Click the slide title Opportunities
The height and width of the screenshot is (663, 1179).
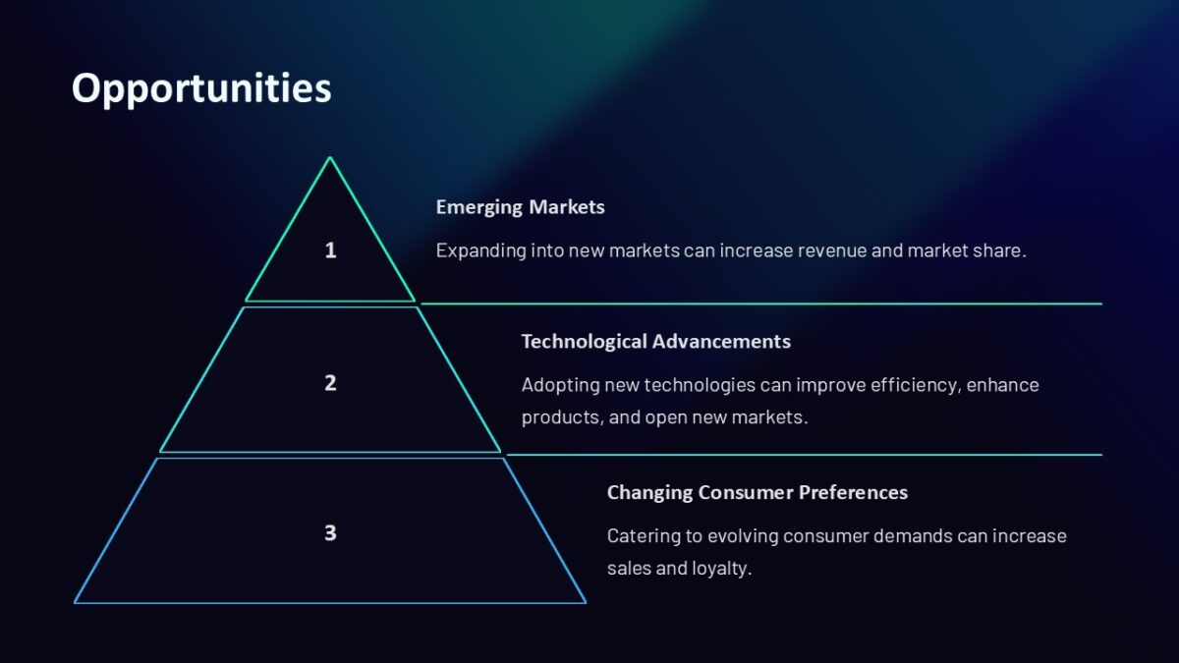(201, 88)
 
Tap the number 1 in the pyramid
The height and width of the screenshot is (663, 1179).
(330, 250)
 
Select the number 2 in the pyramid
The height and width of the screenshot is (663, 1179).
(330, 383)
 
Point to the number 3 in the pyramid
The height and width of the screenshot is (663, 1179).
(330, 533)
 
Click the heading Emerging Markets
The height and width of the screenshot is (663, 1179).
(520, 207)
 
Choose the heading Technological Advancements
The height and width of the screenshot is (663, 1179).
(655, 341)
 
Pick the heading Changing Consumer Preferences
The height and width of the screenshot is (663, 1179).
(757, 492)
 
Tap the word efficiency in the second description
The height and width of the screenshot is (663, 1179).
(914, 385)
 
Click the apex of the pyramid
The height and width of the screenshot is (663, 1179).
(330, 158)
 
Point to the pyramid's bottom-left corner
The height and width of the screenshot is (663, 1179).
(76, 602)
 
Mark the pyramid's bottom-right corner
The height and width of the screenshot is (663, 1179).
(585, 602)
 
